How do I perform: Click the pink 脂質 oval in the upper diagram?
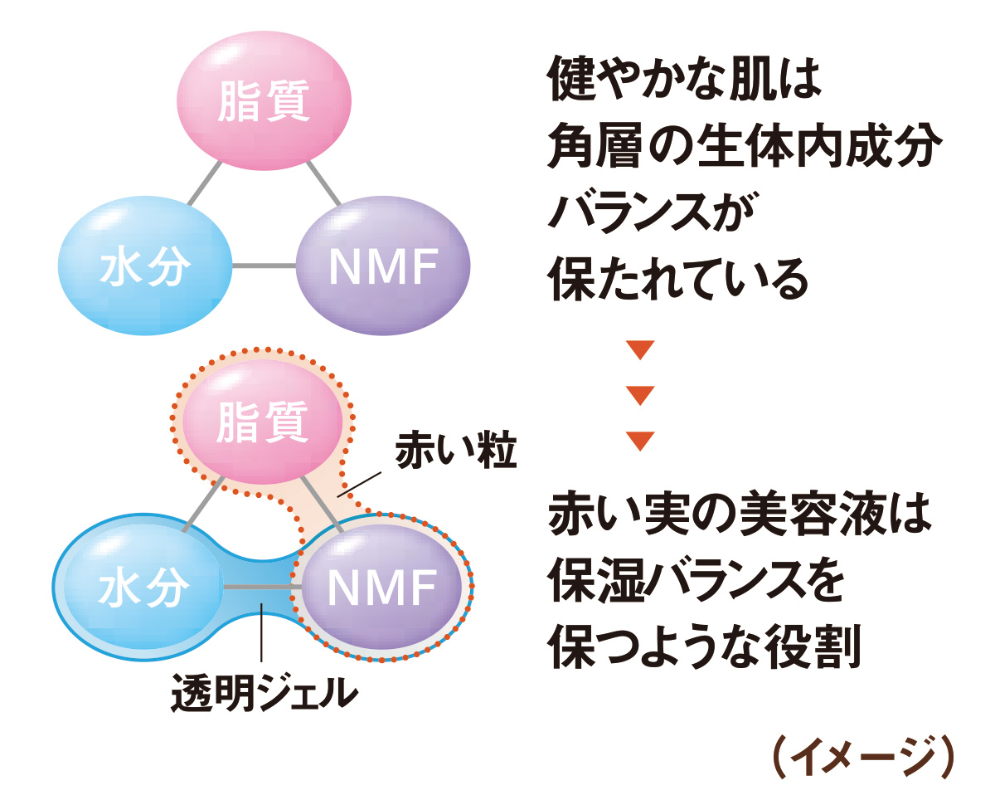[x=263, y=104]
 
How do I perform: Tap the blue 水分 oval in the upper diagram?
[x=145, y=266]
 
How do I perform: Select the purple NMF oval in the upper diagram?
[x=382, y=266]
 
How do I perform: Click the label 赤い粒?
[x=455, y=452]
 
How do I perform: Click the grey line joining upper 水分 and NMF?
[x=263, y=266]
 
